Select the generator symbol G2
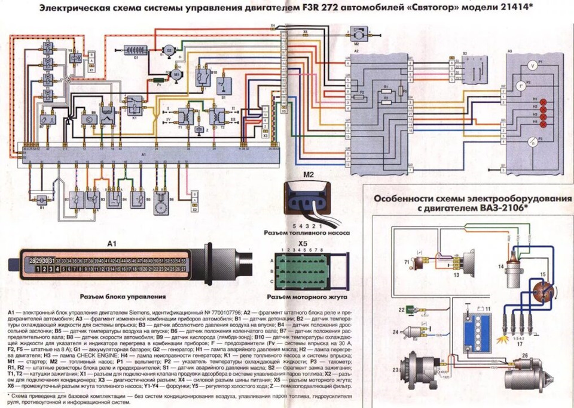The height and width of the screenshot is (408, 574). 169,50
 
